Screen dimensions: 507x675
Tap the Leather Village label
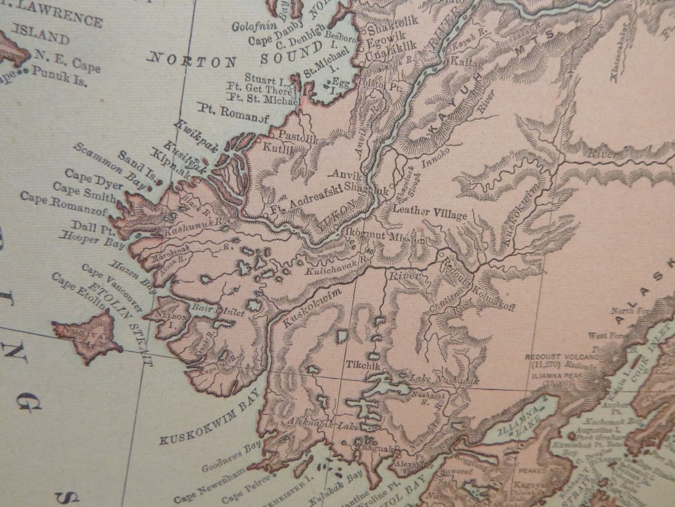click(x=430, y=212)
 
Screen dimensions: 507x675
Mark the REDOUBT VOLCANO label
click(x=561, y=356)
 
